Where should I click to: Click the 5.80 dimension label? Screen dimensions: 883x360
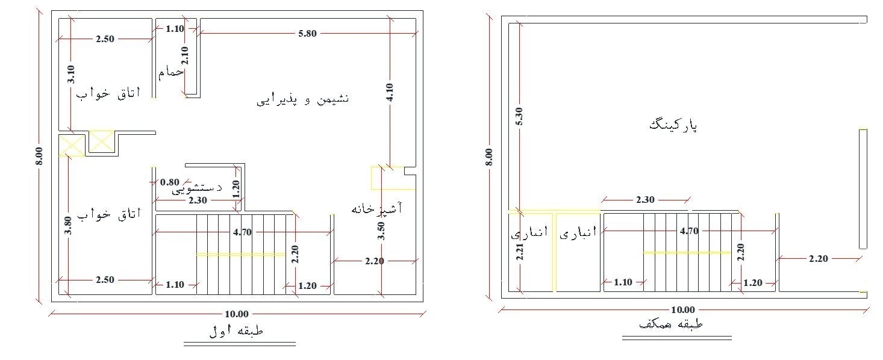point(307,34)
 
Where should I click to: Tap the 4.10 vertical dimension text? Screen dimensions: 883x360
point(390,93)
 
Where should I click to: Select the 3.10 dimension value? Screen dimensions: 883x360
point(70,74)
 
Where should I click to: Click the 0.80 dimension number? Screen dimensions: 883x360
point(169,182)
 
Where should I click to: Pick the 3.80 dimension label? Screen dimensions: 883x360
point(68,225)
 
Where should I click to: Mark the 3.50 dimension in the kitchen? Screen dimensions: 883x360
point(381,231)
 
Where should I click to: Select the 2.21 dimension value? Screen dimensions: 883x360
point(520,252)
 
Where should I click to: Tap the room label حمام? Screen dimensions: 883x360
point(171,73)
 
